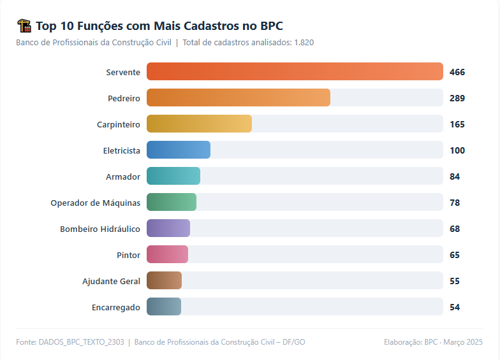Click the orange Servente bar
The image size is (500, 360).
295,71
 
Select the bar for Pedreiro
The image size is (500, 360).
239,97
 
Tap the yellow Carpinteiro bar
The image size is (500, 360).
199,124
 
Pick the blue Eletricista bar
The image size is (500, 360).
179,150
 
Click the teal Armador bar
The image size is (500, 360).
173,176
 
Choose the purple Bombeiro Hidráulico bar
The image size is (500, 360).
168,228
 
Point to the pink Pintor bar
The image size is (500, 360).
167,254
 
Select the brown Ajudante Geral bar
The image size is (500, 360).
164,280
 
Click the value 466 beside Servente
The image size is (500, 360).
457,72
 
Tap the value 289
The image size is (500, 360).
457,98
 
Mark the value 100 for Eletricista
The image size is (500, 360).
457,150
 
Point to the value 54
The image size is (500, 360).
455,307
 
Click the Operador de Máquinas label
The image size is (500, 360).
96,203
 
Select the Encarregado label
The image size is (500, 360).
116,307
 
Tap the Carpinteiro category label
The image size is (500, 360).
119,124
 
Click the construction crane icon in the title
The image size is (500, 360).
24,26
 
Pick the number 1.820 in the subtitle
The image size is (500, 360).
304,43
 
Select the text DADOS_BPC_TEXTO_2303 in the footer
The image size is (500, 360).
81,342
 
